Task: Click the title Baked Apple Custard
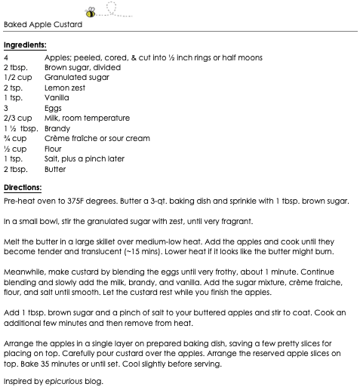43,24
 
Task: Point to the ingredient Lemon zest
65,88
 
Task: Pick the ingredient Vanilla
57,98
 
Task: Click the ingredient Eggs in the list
54,109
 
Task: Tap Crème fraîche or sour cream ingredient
97,139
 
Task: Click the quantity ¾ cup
16,139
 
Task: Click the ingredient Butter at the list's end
55,170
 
